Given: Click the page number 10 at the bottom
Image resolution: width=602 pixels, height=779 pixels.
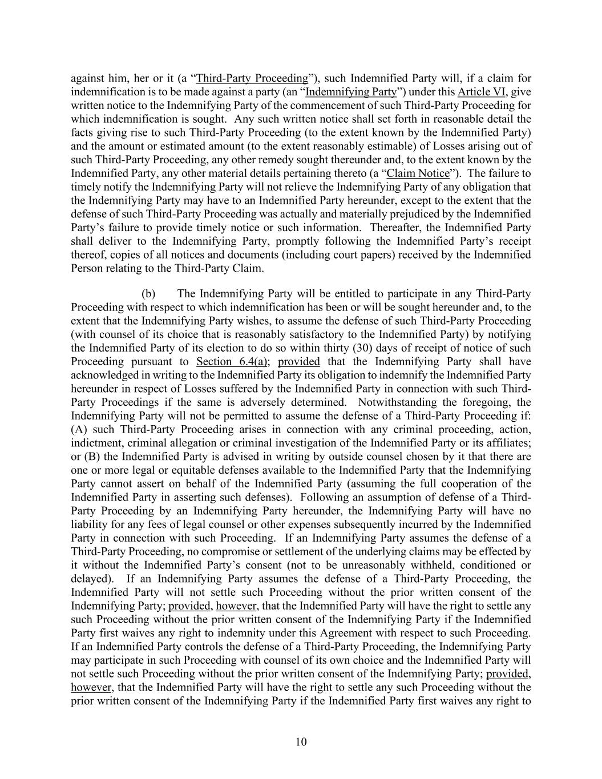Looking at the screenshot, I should pos(301,742).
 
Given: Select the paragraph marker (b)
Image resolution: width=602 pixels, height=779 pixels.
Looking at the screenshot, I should pos(148,294).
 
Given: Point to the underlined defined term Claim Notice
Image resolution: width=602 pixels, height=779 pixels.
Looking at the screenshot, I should pos(418,173).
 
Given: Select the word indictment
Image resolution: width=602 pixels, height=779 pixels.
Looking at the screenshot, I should pos(96,443).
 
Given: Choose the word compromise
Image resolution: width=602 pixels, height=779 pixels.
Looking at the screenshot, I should pos(223,552).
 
